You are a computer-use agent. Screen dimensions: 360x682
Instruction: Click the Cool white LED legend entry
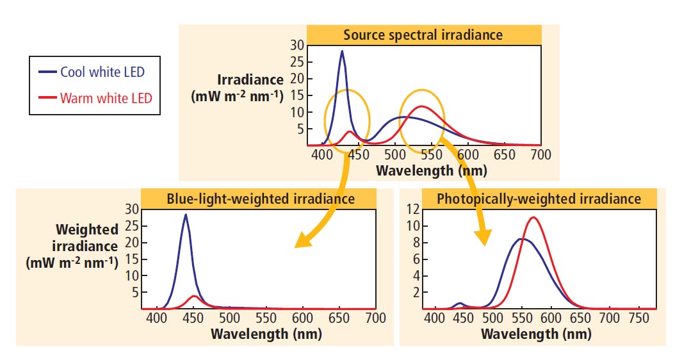[x=102, y=72]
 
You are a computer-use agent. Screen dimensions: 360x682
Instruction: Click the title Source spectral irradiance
[x=423, y=35]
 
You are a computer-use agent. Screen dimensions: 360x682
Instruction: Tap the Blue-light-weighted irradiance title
[x=261, y=199]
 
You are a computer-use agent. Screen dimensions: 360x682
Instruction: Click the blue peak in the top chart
[x=342, y=51]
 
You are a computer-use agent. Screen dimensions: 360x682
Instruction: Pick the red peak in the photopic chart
[x=533, y=217]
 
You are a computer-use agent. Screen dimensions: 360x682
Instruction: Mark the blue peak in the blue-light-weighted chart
[x=186, y=215]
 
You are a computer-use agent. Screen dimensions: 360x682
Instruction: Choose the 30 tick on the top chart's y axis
[x=296, y=45]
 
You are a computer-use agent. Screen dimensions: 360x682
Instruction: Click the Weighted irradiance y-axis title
[x=73, y=246]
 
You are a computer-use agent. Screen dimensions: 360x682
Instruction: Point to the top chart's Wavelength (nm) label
[x=431, y=170]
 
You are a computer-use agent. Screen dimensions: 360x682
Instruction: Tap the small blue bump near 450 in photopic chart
[x=459, y=303]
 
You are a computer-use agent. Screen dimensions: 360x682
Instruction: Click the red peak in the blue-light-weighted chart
[x=195, y=296]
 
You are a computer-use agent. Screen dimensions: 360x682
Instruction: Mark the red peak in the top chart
[x=421, y=106]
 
